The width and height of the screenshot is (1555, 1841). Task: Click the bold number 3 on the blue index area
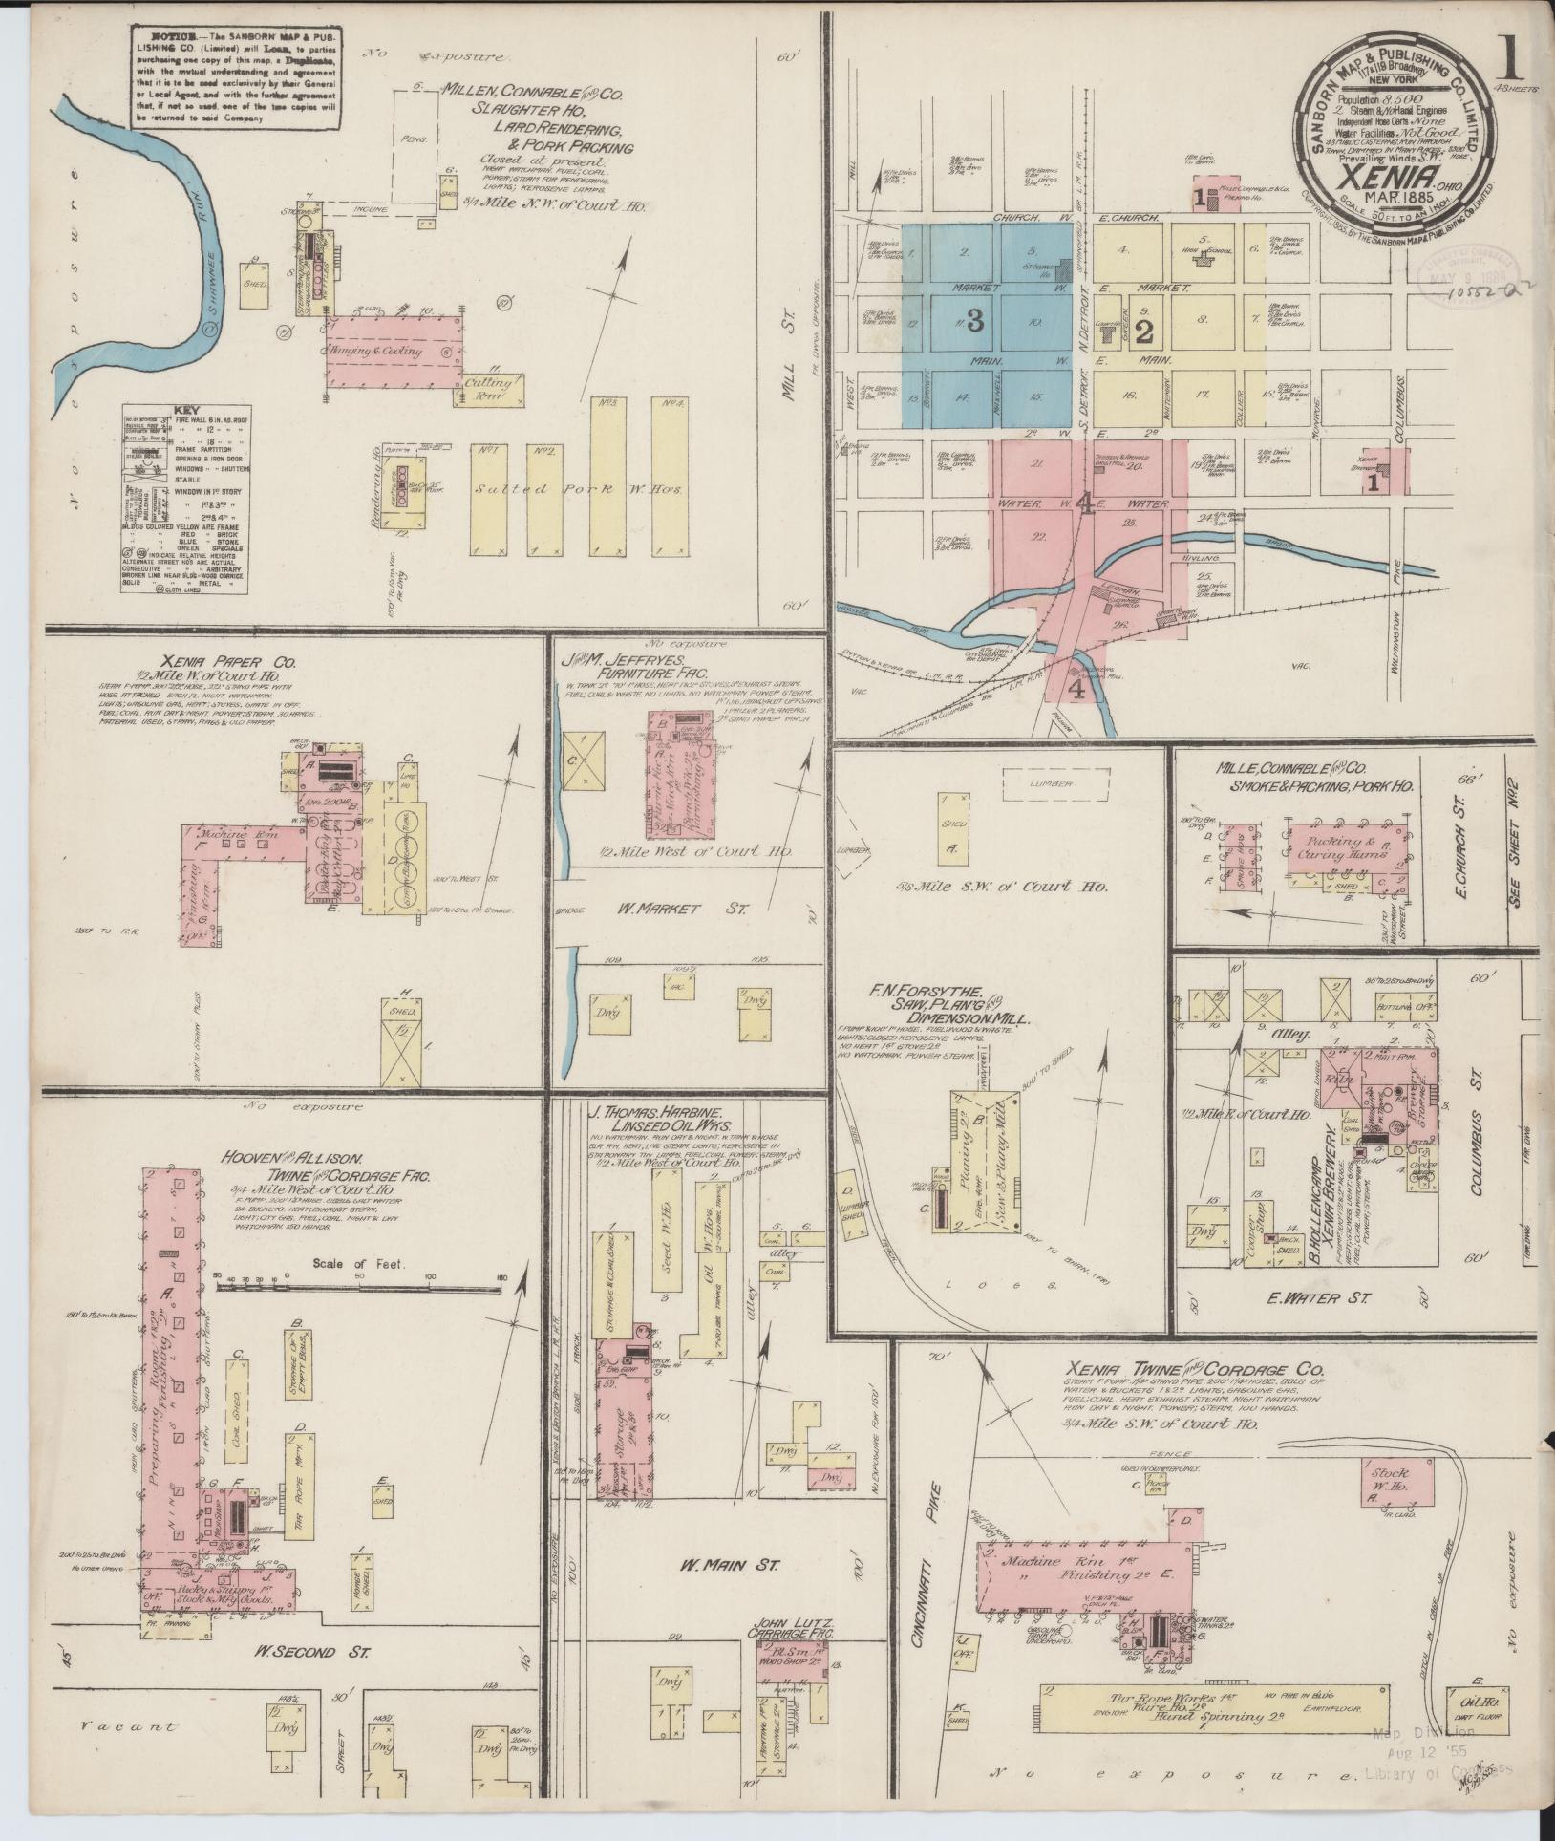click(x=974, y=322)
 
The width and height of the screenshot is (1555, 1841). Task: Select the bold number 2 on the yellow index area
click(x=1145, y=332)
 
